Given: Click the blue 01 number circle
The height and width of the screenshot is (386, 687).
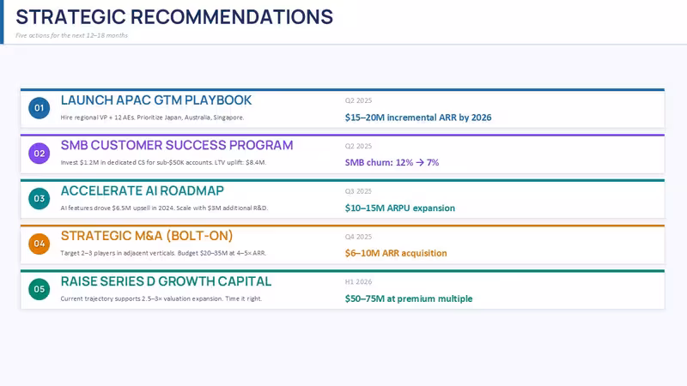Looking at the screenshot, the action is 39,108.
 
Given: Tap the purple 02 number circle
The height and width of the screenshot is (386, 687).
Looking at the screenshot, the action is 39,154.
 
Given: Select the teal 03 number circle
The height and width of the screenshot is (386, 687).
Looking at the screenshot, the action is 39,199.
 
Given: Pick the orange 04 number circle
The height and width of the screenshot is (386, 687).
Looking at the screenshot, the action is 39,244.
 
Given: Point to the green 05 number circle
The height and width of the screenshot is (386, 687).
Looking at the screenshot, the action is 39,289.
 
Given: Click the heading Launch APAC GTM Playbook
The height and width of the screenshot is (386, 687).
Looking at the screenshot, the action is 156,100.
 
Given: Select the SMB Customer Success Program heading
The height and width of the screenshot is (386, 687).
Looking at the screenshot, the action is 177,145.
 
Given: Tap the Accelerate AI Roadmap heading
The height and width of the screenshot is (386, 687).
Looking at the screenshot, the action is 142,190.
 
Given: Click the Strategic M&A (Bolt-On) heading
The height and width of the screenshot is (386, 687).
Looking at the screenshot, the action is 146,236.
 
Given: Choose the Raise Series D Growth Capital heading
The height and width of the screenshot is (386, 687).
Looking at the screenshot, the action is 166,281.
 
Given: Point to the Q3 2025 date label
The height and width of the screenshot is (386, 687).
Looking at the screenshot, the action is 358,191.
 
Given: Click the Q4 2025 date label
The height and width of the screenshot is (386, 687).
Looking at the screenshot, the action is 358,237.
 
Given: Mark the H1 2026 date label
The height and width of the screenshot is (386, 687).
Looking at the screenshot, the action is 358,282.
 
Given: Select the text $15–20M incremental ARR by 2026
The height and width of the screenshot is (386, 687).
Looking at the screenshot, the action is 418,118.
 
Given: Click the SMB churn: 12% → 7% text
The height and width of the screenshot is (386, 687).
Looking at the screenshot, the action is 392,162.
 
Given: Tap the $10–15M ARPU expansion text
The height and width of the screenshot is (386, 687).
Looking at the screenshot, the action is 399,208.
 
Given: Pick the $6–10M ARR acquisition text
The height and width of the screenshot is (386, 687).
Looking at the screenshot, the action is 396,253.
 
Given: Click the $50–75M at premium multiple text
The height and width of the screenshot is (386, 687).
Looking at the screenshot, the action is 409,299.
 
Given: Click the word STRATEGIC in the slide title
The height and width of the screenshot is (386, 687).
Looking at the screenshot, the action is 71,17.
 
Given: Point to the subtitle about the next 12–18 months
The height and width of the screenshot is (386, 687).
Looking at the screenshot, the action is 72,35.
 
